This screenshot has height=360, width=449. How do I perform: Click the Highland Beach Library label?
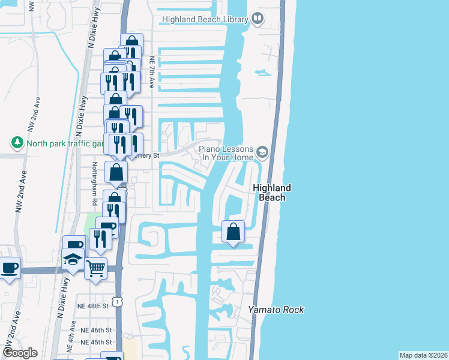(205, 20)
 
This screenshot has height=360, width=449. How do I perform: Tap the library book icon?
(258, 19)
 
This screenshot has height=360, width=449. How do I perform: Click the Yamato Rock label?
(276, 310)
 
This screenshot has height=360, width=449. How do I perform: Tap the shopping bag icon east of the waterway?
(233, 232)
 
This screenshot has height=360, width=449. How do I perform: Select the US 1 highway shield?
(118, 297)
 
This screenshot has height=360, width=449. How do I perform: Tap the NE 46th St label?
(96, 331)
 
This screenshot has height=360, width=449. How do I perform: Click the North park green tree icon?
(17, 143)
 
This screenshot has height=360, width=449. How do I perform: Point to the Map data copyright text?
(423, 355)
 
